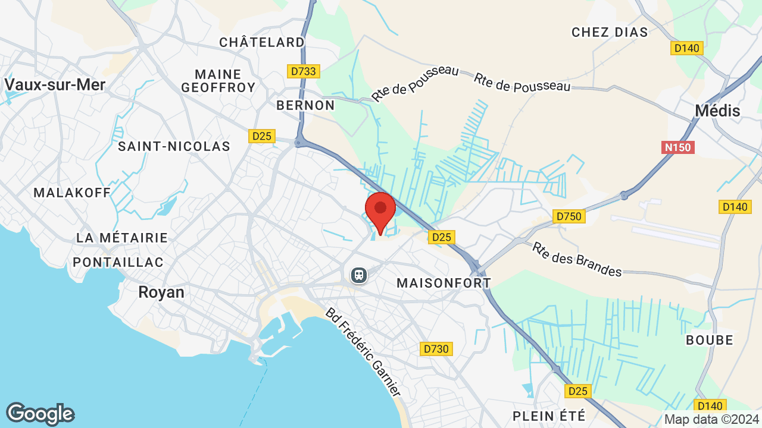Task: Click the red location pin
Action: (380, 209)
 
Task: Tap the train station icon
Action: (358, 275)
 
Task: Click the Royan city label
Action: (161, 292)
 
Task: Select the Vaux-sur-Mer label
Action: (55, 84)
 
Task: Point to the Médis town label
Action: (718, 111)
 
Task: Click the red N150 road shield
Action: (678, 147)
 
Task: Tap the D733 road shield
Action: (304, 71)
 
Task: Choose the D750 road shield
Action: (569, 216)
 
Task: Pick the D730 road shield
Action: (435, 349)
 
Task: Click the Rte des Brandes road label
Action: (577, 259)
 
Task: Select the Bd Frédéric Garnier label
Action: (362, 352)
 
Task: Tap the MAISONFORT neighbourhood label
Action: (444, 283)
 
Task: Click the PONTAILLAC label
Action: (118, 262)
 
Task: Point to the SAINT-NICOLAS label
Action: (174, 146)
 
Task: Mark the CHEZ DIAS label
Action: (610, 32)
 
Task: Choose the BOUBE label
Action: (710, 340)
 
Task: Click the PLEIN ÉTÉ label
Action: (549, 416)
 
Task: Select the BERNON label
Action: (306, 105)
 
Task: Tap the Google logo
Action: (40, 414)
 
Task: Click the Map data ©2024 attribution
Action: (712, 419)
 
